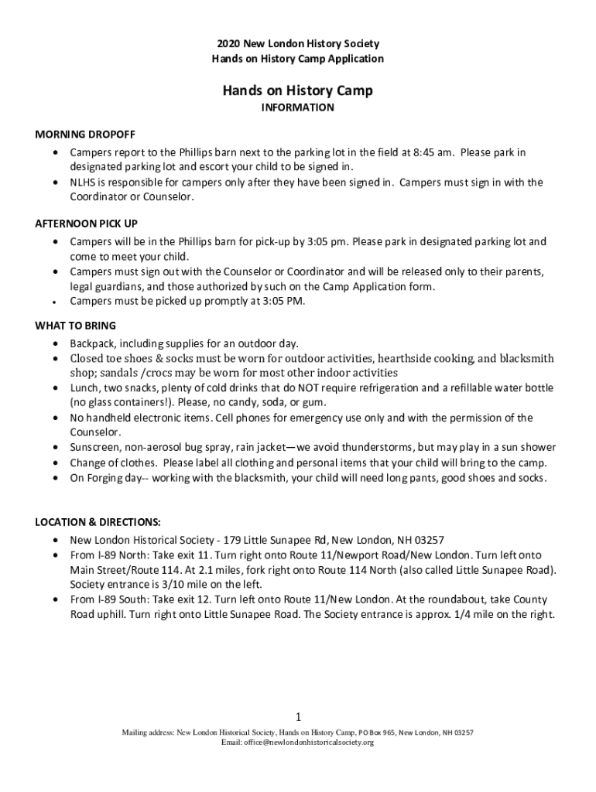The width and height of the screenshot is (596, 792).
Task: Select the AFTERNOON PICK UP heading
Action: click(86, 224)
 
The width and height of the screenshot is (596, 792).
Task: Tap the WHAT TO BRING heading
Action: click(75, 325)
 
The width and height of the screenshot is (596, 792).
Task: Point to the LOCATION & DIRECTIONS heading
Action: click(98, 522)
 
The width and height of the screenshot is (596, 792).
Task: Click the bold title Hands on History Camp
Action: click(298, 90)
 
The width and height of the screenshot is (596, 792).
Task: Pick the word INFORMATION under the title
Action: click(297, 108)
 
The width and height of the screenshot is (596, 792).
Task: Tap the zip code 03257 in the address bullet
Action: click(427, 540)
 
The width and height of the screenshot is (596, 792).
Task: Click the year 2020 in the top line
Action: click(228, 44)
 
